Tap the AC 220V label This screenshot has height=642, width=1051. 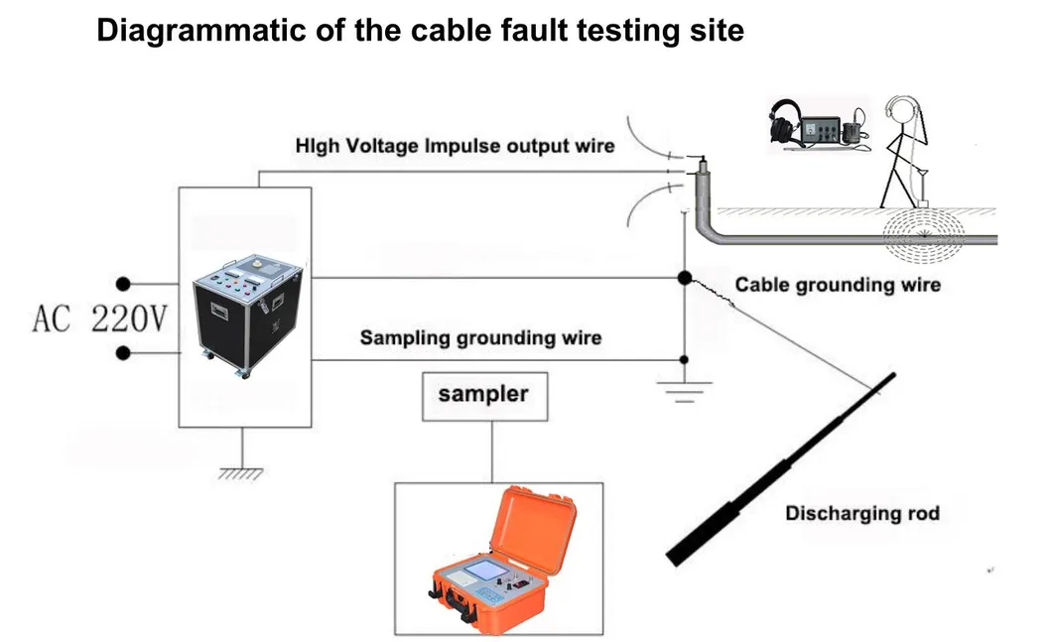[100, 321]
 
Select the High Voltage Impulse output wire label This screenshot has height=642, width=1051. [455, 146]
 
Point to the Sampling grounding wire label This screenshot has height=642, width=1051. [480, 337]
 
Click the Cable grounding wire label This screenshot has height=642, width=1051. [838, 285]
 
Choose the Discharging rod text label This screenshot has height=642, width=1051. [861, 514]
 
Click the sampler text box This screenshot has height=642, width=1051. [483, 394]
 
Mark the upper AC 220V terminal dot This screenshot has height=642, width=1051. [124, 284]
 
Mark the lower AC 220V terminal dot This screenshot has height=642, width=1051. [124, 352]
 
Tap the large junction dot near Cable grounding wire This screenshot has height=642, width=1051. [685, 279]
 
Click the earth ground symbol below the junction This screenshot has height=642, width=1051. [682, 389]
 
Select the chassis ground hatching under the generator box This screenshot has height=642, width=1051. [242, 473]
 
